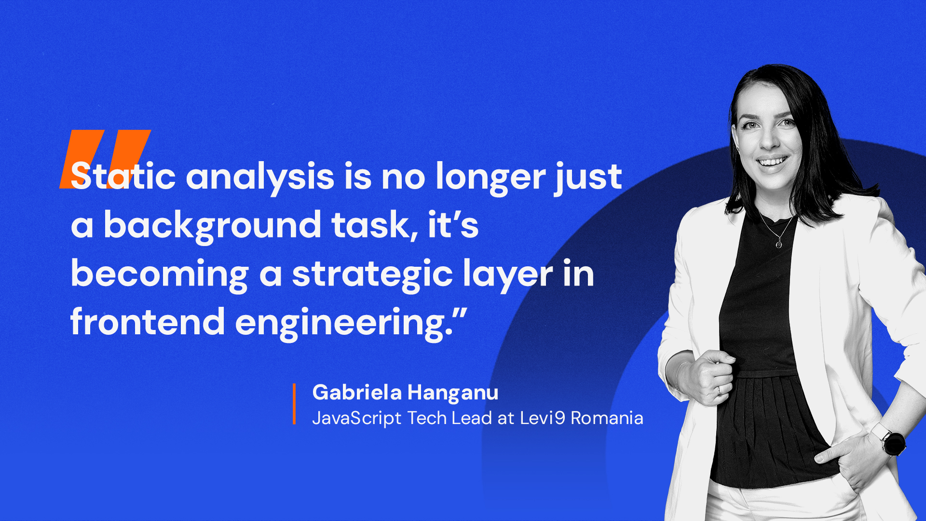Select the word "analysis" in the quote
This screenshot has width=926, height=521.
[260, 178]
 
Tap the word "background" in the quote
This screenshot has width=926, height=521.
[213, 227]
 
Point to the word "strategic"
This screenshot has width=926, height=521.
[372, 275]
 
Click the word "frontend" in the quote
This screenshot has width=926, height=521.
[148, 321]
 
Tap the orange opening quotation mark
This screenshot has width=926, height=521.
[105, 159]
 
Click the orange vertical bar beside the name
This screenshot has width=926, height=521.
[294, 404]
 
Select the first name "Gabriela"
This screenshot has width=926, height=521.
[357, 392]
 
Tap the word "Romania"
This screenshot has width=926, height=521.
[607, 418]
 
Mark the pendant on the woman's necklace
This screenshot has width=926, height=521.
[778, 244]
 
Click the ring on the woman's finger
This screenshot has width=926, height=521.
[719, 391]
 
